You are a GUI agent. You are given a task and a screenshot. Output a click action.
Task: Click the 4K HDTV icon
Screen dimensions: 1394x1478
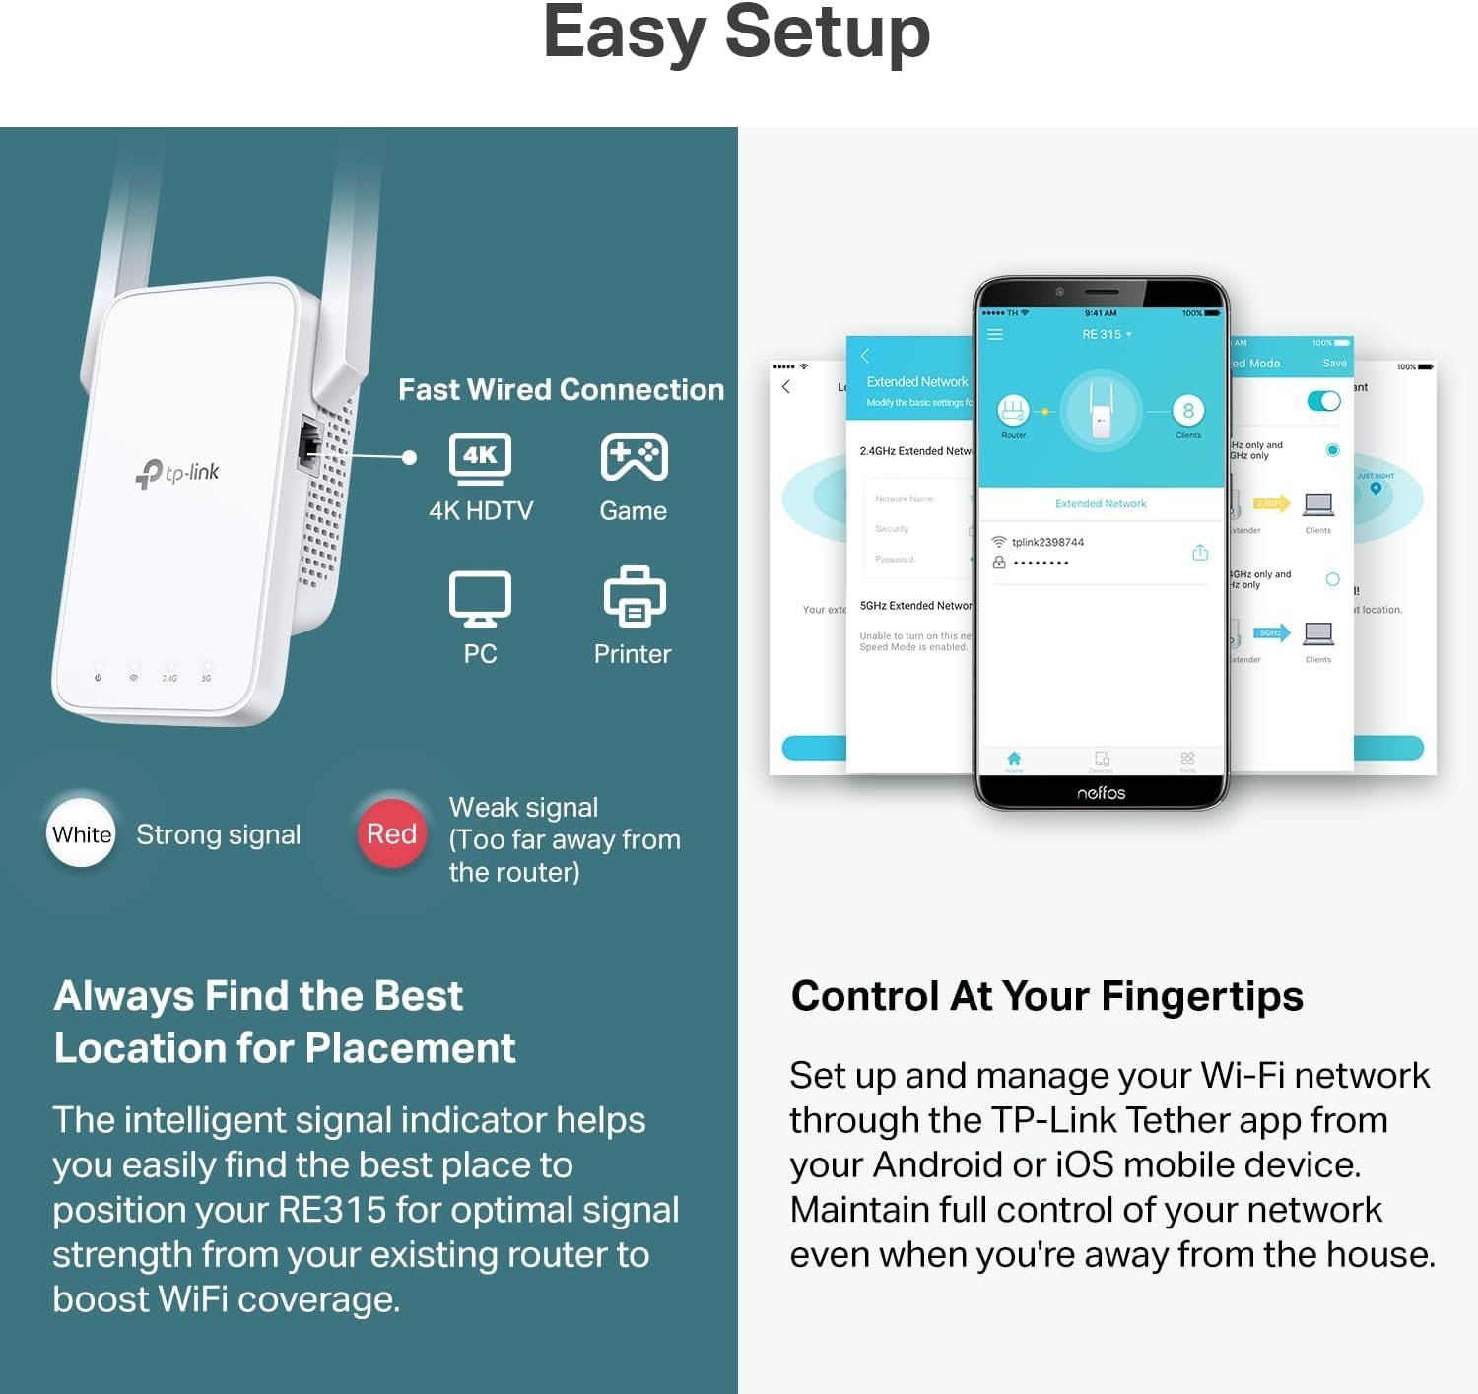click(x=480, y=459)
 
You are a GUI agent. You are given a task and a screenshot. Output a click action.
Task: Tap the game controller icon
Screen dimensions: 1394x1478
click(x=634, y=458)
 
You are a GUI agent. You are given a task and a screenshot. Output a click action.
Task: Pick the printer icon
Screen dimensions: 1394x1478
click(x=634, y=597)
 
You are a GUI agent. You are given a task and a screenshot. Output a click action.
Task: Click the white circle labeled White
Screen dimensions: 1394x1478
click(x=82, y=834)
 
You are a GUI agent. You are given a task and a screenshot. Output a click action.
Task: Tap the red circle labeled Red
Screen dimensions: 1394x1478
click(x=391, y=834)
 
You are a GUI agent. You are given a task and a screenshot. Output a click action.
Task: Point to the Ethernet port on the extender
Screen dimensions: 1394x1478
click(x=309, y=446)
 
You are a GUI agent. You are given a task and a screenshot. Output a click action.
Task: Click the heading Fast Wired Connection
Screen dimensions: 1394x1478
click(x=561, y=390)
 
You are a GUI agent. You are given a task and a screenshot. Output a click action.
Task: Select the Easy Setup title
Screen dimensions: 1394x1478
click(x=736, y=34)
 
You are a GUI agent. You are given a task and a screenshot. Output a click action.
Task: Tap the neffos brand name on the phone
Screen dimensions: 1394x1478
click(x=1101, y=793)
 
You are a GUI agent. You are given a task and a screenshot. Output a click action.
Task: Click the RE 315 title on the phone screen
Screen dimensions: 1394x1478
click(x=1102, y=335)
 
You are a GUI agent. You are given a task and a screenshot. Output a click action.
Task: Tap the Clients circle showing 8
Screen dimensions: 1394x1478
click(x=1188, y=411)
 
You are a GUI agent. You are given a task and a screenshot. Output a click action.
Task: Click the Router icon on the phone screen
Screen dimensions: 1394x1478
click(x=1013, y=410)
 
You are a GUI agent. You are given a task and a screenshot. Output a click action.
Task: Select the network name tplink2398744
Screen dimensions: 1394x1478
click(x=1047, y=542)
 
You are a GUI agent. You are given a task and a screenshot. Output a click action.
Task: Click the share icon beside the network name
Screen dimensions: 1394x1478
click(x=1200, y=553)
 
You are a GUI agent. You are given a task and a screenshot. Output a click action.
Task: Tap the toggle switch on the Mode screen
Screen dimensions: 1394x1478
click(x=1323, y=401)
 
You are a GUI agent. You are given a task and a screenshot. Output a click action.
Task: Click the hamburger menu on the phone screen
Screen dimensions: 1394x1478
click(x=995, y=335)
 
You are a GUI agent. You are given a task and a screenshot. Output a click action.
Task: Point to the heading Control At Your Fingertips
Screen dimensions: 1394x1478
click(x=1046, y=997)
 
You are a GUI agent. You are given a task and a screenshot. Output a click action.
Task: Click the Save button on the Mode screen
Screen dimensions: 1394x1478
click(x=1334, y=364)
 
